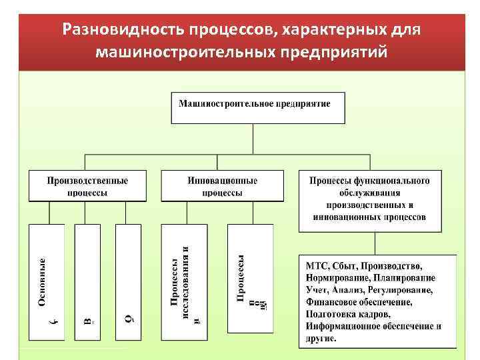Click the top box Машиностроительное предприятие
[253, 107]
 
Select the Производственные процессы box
[87, 186]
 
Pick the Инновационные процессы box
[222, 186]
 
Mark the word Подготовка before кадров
[331, 314]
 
